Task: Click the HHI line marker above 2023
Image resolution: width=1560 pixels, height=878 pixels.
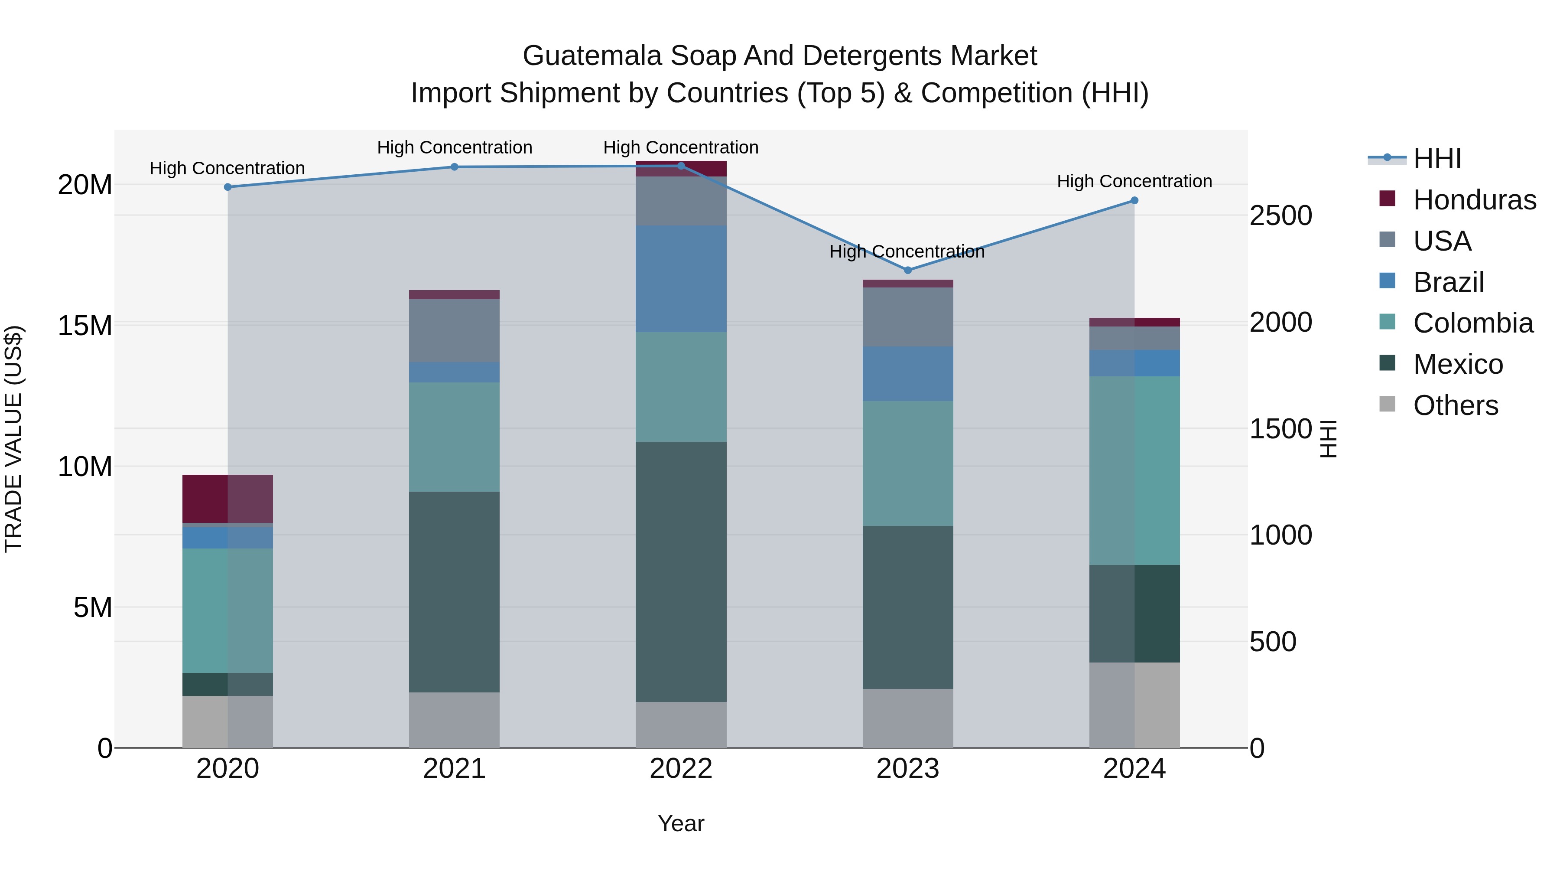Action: [907, 270]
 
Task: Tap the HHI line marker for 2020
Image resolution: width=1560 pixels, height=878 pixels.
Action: [227, 187]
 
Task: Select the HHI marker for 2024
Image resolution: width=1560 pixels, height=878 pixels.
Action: [1134, 201]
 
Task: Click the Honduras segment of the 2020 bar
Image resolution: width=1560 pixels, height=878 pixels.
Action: [227, 499]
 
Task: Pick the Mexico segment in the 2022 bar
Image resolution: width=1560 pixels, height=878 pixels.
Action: [681, 571]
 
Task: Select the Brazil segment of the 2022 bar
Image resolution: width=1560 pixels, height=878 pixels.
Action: [681, 279]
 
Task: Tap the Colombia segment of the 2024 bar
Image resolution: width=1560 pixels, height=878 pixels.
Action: [1134, 470]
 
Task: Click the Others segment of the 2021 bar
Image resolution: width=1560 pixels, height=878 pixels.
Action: [454, 720]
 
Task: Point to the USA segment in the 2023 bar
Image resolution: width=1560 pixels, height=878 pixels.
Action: [907, 317]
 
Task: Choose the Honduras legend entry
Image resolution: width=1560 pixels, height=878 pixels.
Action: [1474, 200]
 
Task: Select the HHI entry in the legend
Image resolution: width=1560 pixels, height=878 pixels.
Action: [1436, 159]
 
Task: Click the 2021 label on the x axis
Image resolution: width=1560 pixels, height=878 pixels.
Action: [454, 769]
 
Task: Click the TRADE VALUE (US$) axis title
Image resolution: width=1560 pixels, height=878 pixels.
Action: [13, 439]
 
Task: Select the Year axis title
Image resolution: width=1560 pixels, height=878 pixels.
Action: [681, 823]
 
